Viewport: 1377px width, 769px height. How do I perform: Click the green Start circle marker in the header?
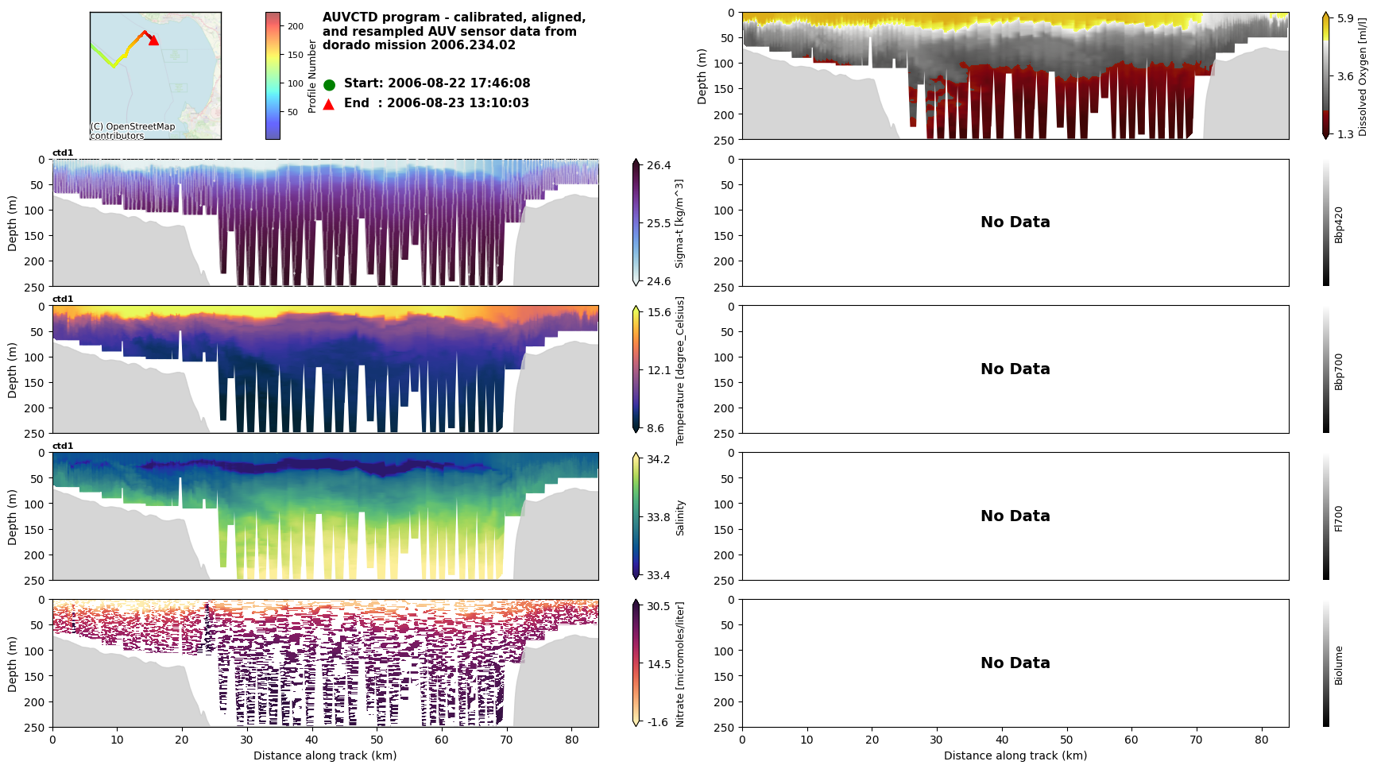(x=329, y=84)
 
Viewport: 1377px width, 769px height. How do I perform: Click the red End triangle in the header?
(x=329, y=103)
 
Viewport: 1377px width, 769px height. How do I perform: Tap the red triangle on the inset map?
(x=153, y=40)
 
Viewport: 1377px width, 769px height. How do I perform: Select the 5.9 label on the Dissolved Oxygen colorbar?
(x=1345, y=18)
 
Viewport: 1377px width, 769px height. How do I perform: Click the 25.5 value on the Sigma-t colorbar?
(x=659, y=223)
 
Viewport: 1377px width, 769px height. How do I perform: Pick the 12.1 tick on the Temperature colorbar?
(x=659, y=370)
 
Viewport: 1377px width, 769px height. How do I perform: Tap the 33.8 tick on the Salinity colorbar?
(x=659, y=517)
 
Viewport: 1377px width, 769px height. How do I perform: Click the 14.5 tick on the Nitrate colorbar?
(x=659, y=664)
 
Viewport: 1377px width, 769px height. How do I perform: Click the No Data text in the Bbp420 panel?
(x=1015, y=222)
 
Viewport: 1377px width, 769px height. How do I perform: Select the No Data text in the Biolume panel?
(x=1015, y=663)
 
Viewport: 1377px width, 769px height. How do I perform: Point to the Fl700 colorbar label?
(x=1339, y=518)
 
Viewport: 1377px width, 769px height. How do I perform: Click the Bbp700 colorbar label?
(x=1339, y=372)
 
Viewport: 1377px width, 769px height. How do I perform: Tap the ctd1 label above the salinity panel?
(x=63, y=446)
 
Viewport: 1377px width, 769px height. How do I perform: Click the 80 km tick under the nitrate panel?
(x=571, y=740)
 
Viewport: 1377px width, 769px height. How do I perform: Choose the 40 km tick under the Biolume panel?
(x=1001, y=740)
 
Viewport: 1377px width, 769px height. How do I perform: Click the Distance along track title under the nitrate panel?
(x=325, y=755)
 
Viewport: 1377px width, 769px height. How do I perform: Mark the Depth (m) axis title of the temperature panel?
(x=12, y=370)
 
